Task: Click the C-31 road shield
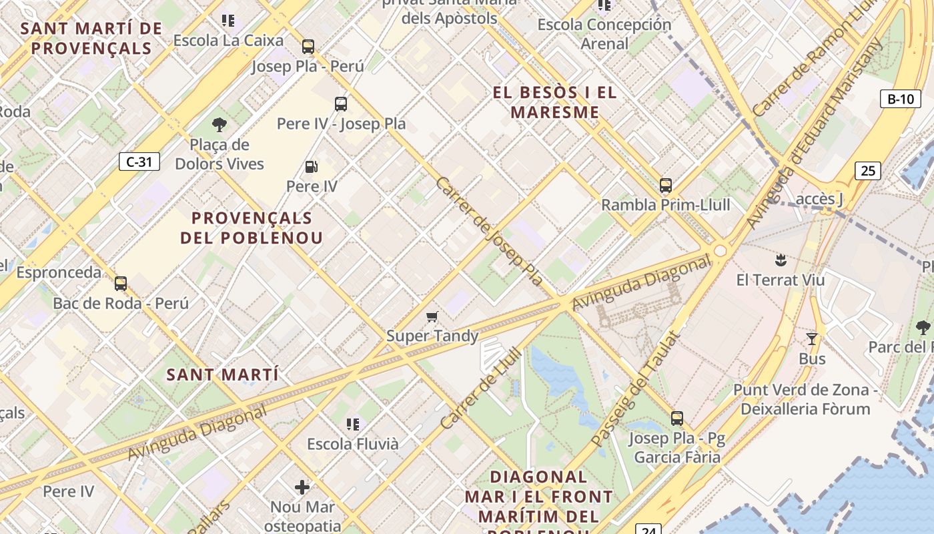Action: pos(139,162)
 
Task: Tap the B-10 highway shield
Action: pos(900,99)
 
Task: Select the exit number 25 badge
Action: pos(867,171)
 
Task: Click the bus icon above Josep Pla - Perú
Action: pos(308,47)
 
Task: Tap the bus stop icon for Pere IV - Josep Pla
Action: pos(341,104)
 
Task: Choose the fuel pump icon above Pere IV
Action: pos(311,167)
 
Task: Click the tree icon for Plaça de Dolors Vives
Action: pos(219,125)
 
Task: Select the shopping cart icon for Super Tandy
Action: pos(432,316)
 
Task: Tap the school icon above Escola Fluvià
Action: pos(353,424)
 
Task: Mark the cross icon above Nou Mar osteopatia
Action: pos(302,487)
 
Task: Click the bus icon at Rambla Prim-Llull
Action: pos(665,186)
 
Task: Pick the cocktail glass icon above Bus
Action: pos(812,339)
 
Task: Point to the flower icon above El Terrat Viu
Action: pos(779,259)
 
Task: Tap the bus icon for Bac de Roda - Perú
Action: pos(121,284)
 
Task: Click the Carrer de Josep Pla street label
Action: pos(489,232)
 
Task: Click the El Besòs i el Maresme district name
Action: pos(555,102)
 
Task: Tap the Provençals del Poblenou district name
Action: pos(252,228)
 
